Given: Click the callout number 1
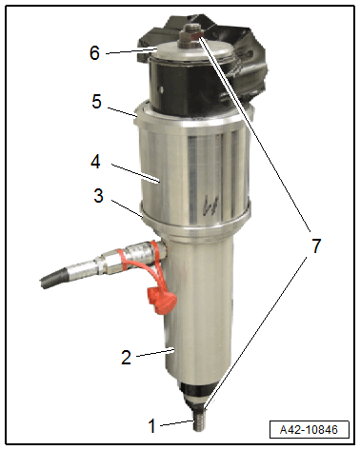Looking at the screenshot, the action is pos(152,425).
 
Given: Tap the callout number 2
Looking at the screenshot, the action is pos(126,357).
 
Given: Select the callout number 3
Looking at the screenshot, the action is pos(98,195).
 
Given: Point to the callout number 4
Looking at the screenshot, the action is pos(95,161).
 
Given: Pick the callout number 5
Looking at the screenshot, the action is pos(96,102).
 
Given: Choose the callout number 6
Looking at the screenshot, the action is pos(94,52).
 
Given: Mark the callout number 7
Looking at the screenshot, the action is pos(315,245).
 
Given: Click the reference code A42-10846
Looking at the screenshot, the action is pos(309,430).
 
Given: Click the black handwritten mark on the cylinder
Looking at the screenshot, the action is pos(210,204).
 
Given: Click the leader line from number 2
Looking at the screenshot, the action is pos(154,353).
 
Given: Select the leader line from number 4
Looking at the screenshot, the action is pos(134,173).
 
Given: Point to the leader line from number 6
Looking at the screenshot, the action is pos(130,51).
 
